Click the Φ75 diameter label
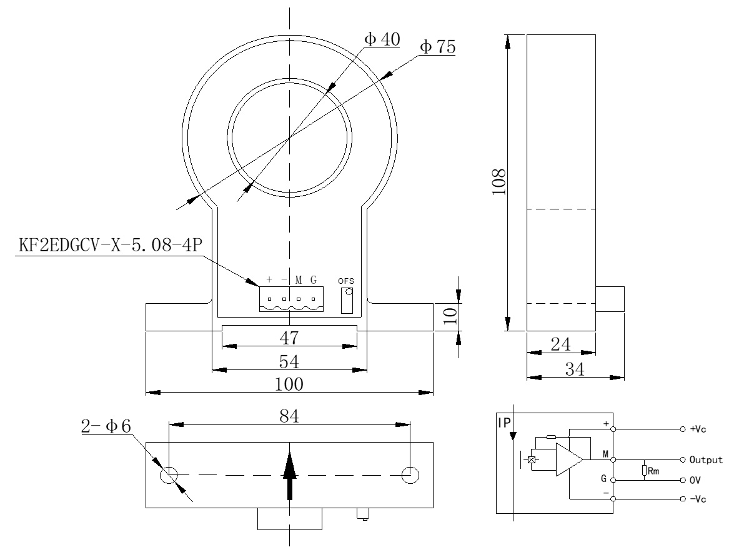pos(437,48)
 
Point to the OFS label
pos(346,281)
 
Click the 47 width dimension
pos(289,338)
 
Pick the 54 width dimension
pos(289,362)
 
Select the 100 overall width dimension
pos(289,384)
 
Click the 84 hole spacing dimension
pos(289,415)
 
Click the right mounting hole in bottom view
pos(410,475)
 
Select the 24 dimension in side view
pos(560,343)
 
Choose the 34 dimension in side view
pos(574,369)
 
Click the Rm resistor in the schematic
pos(643,470)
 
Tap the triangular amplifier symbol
pos(568,460)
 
